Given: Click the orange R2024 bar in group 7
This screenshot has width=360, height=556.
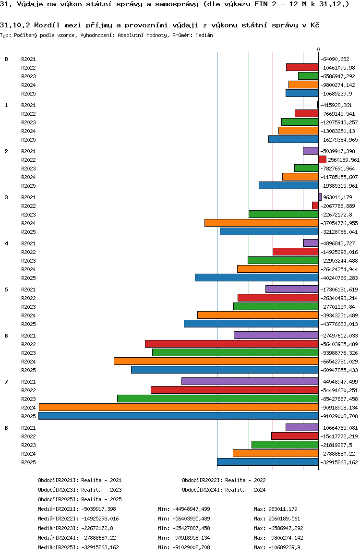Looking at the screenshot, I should pos(179,407).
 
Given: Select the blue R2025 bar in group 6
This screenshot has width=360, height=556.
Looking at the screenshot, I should pos(225,370).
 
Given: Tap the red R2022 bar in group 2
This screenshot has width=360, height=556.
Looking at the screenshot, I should pos(322,159).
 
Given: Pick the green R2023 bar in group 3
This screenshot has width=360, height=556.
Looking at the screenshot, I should pos(283,214).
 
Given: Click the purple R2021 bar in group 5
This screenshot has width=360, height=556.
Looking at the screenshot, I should pos(292,289).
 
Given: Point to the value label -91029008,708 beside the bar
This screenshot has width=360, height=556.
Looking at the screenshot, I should pos(339,416).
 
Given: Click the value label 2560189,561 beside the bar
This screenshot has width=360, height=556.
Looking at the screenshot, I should pos(343,160).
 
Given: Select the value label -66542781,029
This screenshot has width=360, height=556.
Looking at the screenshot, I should pos(339,362).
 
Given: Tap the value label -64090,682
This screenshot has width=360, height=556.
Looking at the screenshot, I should pos(338,59).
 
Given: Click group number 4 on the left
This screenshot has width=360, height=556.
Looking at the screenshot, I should pos(6,243).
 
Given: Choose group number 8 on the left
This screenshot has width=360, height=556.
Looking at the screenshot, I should pos(6,428).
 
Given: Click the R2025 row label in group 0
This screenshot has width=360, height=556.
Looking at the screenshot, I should pos(28,94).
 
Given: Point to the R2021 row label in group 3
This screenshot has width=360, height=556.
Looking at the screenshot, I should pos(28,197).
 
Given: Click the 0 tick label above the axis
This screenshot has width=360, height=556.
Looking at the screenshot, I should pos(318,49).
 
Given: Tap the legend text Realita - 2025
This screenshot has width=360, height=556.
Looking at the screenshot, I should pos(101,499).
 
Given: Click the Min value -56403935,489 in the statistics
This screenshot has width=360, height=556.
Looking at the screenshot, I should pos(191,519).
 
